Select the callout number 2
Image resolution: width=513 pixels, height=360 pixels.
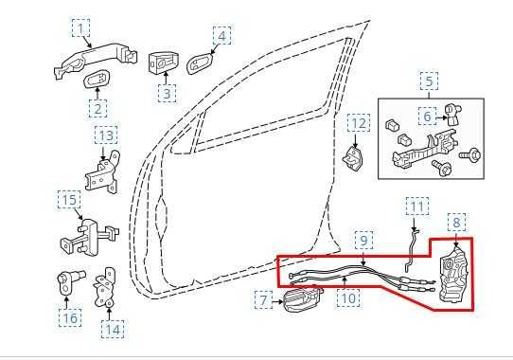pyautogui.click(x=99, y=109)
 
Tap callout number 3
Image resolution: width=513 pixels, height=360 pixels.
pyautogui.click(x=167, y=93)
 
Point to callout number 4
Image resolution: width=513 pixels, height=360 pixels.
pyautogui.click(x=221, y=36)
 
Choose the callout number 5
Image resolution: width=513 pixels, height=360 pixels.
pyautogui.click(x=430, y=81)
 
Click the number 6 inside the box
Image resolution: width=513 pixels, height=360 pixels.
pyautogui.click(x=428, y=116)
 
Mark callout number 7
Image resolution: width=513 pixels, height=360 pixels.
pyautogui.click(x=263, y=301)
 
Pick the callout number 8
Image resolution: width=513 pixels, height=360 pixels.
pyautogui.click(x=456, y=223)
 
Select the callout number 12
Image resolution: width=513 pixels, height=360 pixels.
pyautogui.click(x=358, y=123)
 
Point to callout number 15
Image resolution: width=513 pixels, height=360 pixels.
pyautogui.click(x=69, y=200)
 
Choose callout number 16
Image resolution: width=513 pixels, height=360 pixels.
pyautogui.click(x=69, y=317)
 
